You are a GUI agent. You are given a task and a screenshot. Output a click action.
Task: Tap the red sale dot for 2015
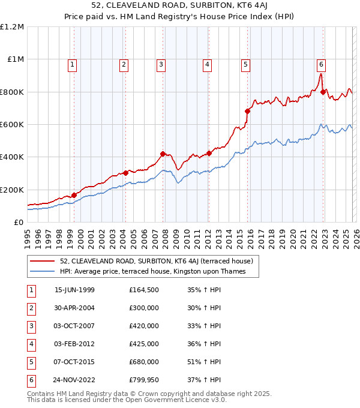(247, 111)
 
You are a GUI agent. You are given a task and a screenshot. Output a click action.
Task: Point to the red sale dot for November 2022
(323, 92)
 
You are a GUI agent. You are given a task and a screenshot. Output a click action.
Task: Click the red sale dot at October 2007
(163, 154)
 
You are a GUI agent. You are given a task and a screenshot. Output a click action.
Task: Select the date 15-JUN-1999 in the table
(74, 290)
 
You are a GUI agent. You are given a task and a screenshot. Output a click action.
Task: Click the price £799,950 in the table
(144, 380)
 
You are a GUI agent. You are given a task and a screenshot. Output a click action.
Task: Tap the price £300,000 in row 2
(144, 308)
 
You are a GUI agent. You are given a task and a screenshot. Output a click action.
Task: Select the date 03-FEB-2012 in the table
(74, 344)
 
